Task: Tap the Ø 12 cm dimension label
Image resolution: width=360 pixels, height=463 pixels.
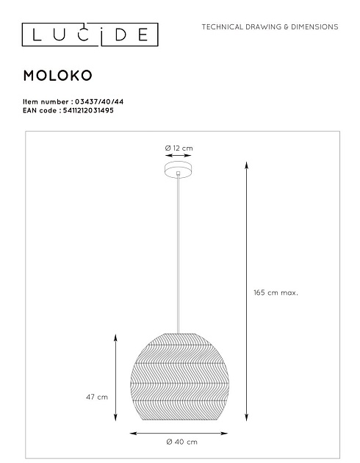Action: coord(179,148)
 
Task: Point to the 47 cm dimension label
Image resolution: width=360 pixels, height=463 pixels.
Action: coord(97,397)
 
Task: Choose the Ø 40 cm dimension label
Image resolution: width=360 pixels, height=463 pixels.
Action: coord(181,442)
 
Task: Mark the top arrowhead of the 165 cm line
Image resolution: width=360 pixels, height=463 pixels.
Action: coord(244,165)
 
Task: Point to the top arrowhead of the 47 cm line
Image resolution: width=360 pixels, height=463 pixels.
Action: coord(115,336)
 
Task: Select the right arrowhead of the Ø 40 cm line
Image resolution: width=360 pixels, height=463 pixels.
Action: coord(228,432)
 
